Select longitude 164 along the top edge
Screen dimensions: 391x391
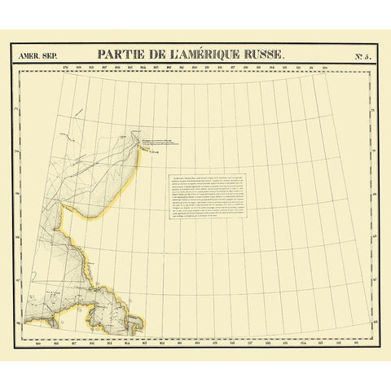[143, 68]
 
